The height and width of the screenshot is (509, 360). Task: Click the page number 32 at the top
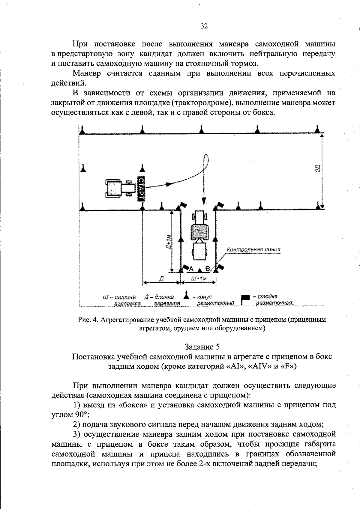click(x=204, y=26)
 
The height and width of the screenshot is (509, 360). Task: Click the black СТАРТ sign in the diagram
click(x=141, y=189)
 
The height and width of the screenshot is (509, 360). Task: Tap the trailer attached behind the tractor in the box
click(x=199, y=251)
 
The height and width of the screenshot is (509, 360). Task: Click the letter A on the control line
click(x=191, y=268)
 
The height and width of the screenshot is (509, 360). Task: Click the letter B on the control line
click(x=207, y=268)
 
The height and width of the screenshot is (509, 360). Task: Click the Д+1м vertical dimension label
click(x=169, y=243)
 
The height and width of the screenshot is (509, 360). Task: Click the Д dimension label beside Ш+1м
click(x=161, y=278)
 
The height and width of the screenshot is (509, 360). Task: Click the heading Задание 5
click(x=202, y=347)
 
